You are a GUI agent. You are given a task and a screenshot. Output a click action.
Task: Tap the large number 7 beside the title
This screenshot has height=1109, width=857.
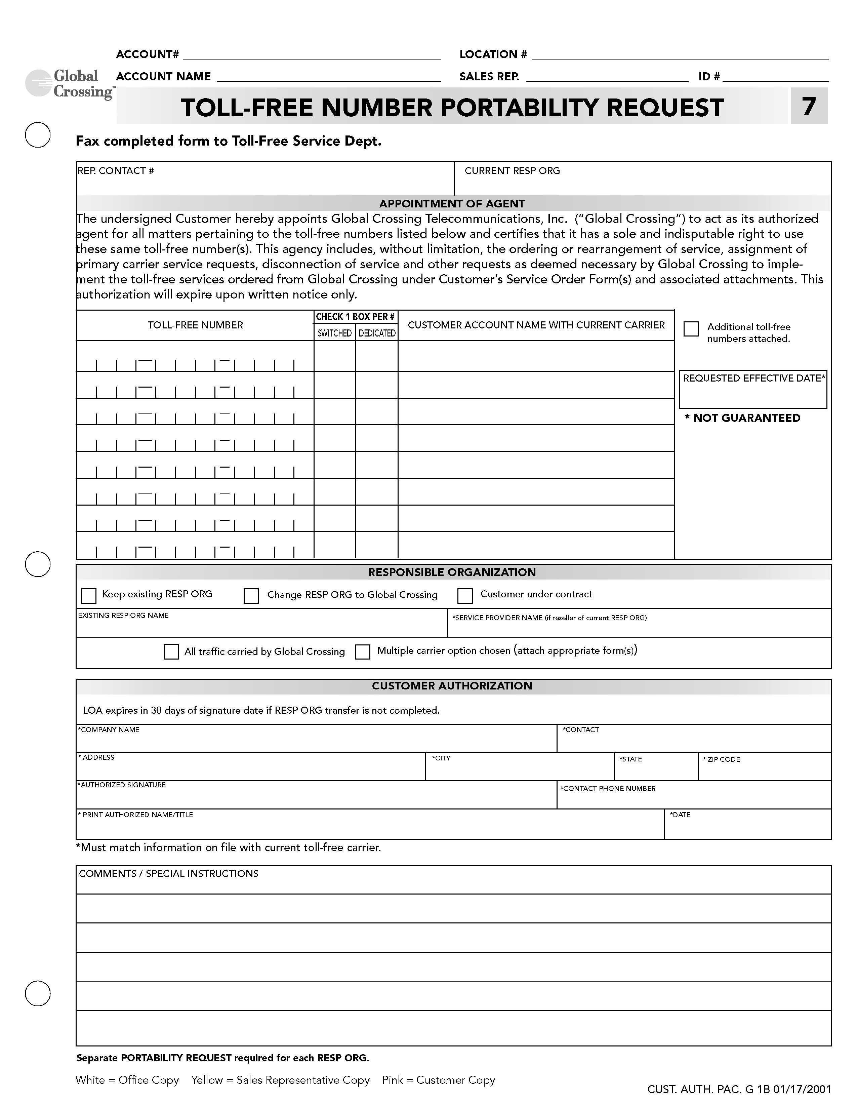tap(808, 106)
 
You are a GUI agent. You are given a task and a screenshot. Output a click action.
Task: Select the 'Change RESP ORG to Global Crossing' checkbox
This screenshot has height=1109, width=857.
tap(251, 596)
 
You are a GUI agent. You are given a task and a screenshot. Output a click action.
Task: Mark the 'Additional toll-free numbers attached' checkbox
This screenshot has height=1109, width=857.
tap(691, 328)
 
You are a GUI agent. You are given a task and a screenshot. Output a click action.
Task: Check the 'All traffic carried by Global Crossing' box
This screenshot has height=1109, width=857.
tap(171, 651)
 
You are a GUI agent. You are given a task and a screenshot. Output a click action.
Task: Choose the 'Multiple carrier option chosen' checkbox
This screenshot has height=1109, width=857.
tap(363, 651)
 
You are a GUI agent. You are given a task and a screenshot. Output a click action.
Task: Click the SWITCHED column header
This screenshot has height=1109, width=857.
tap(335, 333)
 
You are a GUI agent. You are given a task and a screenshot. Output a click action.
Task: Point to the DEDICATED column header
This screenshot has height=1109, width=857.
tap(377, 333)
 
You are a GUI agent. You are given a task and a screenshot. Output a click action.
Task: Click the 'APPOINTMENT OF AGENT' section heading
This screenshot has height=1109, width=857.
tap(451, 204)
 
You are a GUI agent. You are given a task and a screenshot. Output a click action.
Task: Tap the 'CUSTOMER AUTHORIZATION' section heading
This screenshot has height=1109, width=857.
tap(451, 686)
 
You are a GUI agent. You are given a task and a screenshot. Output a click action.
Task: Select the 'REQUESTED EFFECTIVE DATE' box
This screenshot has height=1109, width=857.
tap(753, 390)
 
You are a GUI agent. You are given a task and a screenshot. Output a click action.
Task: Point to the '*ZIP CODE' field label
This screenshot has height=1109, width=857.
tap(723, 760)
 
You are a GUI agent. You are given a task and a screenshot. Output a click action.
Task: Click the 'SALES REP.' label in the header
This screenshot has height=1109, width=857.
tap(489, 77)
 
